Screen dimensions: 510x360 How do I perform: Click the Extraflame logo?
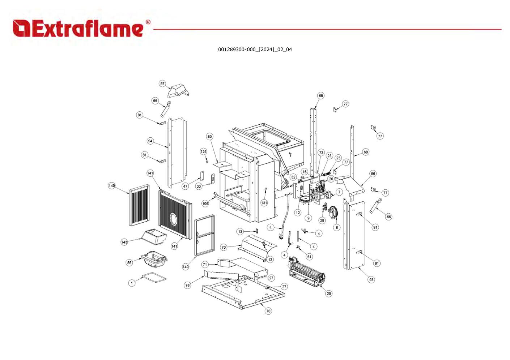click(x=81, y=29)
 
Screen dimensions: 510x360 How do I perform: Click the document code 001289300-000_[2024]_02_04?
click(x=255, y=50)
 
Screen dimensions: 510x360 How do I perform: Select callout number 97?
click(x=162, y=83)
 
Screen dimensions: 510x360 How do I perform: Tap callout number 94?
click(x=150, y=141)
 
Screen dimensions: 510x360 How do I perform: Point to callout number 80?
click(x=209, y=137)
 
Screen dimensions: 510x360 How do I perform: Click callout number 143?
click(x=124, y=242)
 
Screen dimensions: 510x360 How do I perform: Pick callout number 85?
click(x=129, y=263)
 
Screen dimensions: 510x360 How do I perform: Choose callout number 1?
click(x=132, y=283)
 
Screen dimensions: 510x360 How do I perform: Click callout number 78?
click(x=268, y=311)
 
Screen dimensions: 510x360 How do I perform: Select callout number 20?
click(x=329, y=293)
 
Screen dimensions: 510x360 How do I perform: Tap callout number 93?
click(x=371, y=279)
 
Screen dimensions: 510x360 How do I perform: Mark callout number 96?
click(x=373, y=173)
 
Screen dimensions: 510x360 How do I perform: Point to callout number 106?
click(x=205, y=203)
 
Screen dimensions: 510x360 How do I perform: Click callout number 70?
click(x=224, y=247)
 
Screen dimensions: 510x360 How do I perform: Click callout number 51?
click(x=309, y=257)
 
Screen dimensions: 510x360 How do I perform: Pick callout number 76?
click(x=187, y=285)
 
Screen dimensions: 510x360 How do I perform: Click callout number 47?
click(x=185, y=186)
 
